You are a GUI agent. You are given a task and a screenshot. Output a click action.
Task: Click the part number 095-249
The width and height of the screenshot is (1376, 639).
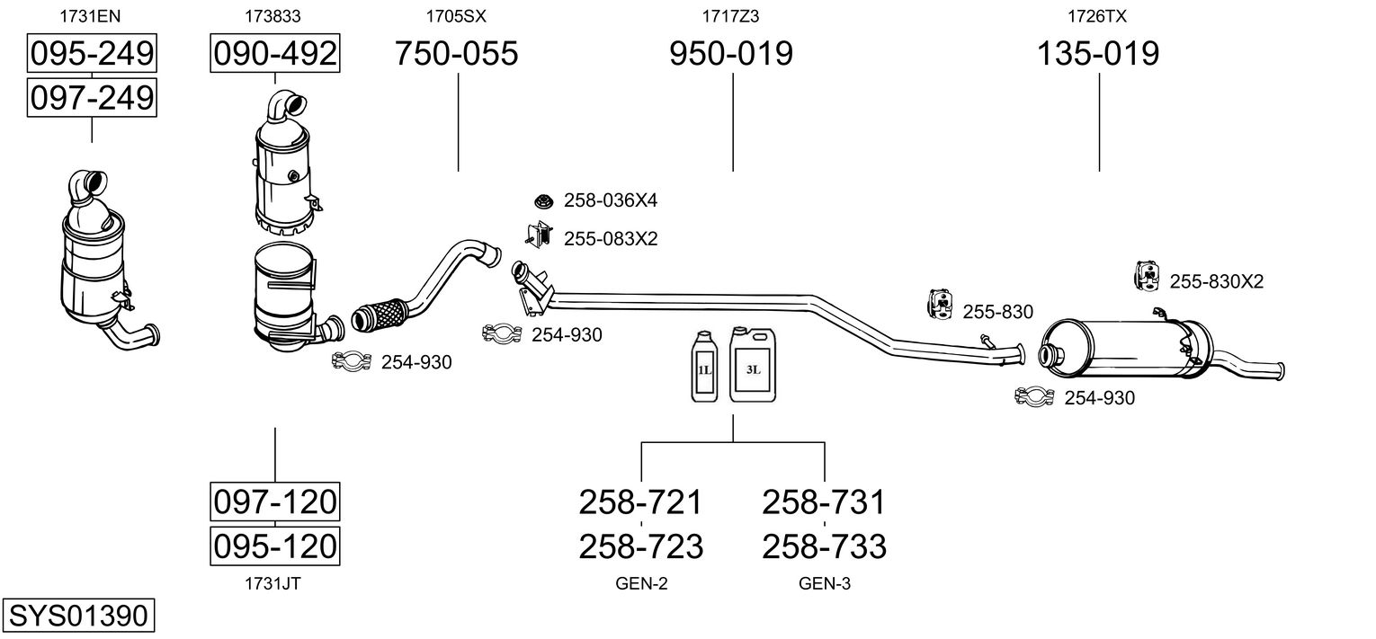[91, 55]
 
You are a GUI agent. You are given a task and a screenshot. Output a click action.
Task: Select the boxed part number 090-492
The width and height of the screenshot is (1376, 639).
[274, 55]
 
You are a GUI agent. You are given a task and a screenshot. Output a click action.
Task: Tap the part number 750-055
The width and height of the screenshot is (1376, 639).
[457, 55]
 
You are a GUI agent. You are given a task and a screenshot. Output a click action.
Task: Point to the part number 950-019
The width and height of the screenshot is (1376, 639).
[731, 55]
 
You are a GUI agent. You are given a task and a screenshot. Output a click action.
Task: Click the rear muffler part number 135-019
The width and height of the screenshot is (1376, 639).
[1098, 55]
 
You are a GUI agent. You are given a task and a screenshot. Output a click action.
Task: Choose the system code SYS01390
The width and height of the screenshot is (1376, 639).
[77, 617]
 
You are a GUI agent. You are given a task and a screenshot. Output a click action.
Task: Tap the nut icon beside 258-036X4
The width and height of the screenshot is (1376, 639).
[542, 200]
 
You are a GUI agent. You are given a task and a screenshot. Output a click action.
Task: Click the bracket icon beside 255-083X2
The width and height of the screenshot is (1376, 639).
[539, 236]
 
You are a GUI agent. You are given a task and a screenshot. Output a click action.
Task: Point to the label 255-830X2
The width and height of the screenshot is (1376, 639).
[1216, 282]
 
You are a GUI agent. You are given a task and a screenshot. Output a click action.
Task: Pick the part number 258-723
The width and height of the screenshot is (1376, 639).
[640, 546]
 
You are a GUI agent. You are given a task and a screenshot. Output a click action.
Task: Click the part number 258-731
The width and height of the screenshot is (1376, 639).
[824, 501]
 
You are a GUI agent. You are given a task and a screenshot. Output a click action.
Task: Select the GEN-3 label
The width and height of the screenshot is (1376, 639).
[824, 584]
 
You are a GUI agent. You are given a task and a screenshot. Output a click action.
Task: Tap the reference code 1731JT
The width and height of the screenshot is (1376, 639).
[273, 584]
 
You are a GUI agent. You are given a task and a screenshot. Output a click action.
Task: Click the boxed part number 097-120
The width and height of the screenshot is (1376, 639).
[274, 501]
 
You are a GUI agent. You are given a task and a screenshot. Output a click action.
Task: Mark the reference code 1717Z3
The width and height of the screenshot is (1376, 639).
[731, 16]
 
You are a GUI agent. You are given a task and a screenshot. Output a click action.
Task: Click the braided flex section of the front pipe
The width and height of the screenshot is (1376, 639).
[378, 315]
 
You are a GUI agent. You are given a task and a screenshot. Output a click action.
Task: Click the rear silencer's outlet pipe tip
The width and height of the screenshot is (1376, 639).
[1277, 370]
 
